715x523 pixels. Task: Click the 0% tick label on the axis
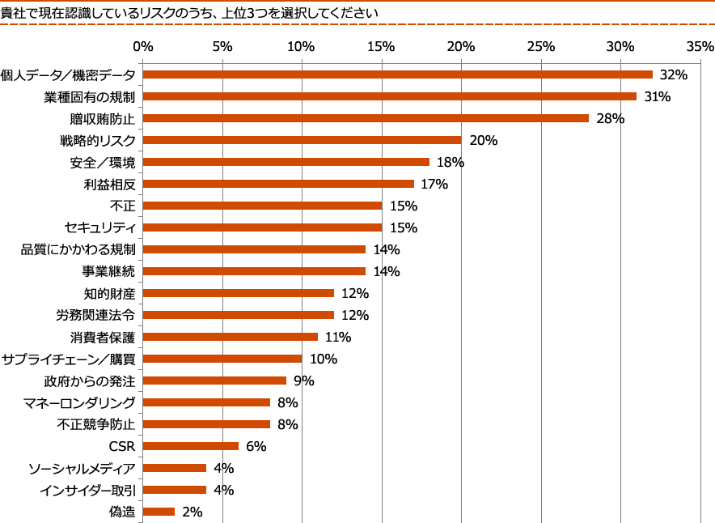tap(143, 46)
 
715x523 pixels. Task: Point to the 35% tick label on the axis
tap(700, 46)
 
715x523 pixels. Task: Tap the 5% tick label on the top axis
tap(222, 46)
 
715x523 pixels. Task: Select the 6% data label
tap(256, 446)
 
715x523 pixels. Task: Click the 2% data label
tap(192, 512)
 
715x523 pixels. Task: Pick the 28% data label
tap(610, 118)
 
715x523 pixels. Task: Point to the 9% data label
tap(303, 381)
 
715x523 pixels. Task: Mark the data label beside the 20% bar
tap(483, 140)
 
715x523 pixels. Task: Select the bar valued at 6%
tap(191, 446)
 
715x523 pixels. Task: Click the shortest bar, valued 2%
tap(159, 512)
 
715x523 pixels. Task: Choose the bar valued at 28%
tap(366, 118)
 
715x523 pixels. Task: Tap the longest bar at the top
tap(398, 74)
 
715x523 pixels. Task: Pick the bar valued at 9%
tap(215, 381)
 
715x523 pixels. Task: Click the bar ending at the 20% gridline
tap(302, 140)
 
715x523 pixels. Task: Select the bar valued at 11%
tap(231, 337)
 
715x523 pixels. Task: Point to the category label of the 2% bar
tap(121, 512)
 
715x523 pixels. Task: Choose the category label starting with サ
tap(68, 359)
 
